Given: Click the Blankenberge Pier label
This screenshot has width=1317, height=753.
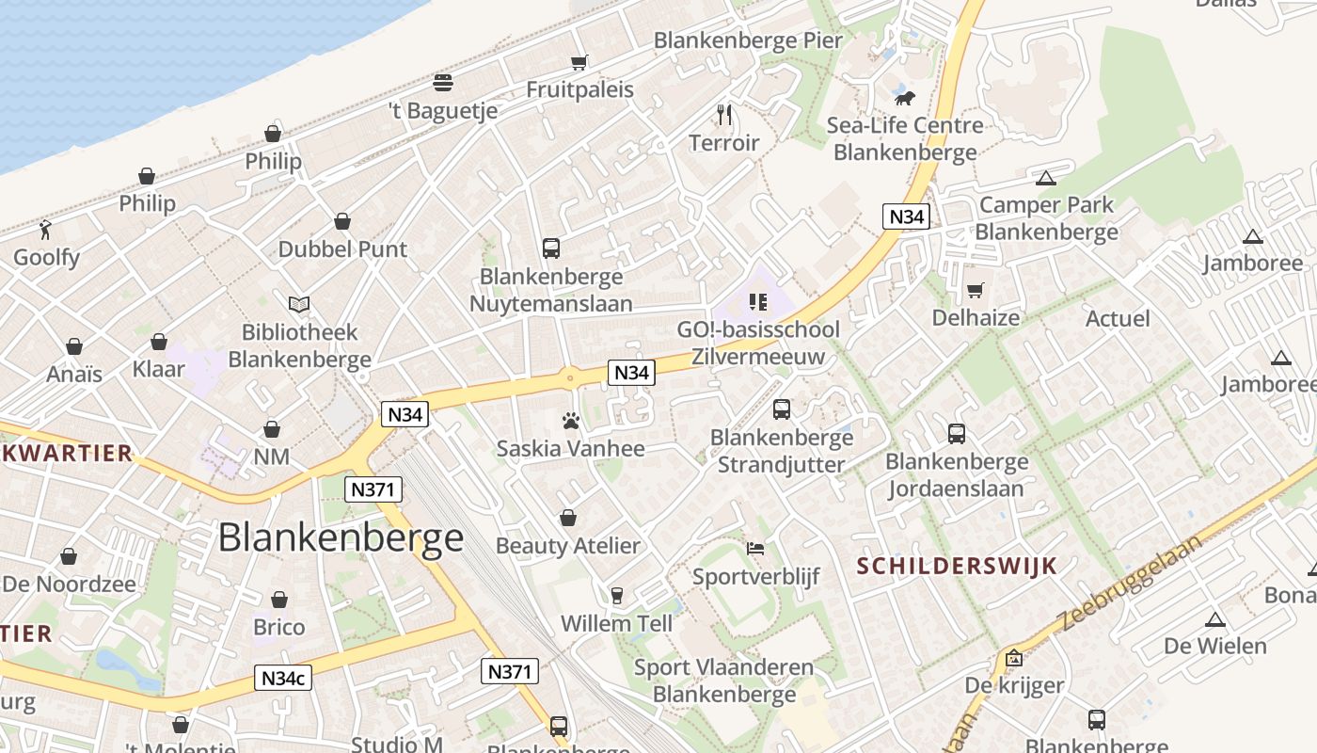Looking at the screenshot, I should (x=748, y=40).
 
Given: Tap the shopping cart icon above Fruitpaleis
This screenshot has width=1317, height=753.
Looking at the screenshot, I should (x=579, y=62).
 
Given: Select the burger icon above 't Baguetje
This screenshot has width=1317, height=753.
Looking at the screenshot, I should (x=443, y=82).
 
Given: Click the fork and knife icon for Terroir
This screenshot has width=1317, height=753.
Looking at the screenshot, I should (x=724, y=115).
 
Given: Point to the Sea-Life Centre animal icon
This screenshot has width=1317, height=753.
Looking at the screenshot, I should (x=905, y=98).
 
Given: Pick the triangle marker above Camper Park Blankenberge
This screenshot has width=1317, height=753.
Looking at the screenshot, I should (x=1045, y=178).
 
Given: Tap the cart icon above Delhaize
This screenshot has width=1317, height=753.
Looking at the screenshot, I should (x=976, y=290).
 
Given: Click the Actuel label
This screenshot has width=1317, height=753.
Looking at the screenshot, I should (x=1118, y=318).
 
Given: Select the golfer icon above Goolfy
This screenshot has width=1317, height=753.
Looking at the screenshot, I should (x=45, y=229).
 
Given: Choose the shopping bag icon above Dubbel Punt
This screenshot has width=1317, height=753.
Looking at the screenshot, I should (x=342, y=221).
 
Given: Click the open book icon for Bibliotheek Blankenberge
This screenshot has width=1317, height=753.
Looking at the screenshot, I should (x=299, y=304).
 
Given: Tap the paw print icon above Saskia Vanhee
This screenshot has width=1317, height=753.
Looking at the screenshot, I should (x=570, y=421).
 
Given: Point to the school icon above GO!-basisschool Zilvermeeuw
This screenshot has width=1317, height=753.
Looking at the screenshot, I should (x=757, y=302).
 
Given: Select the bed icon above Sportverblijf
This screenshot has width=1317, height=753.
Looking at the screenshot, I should (x=755, y=549).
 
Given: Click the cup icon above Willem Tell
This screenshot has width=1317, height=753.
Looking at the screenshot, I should (x=617, y=595).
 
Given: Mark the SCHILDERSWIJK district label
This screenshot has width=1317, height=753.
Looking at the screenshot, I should (x=958, y=566).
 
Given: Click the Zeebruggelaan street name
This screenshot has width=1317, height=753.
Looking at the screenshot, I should (x=1131, y=584).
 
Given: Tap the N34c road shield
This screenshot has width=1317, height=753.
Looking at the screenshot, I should (x=283, y=678).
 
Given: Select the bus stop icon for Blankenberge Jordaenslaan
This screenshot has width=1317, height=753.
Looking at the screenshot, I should (x=957, y=434).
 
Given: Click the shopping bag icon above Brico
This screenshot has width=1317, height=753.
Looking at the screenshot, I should (x=279, y=600).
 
